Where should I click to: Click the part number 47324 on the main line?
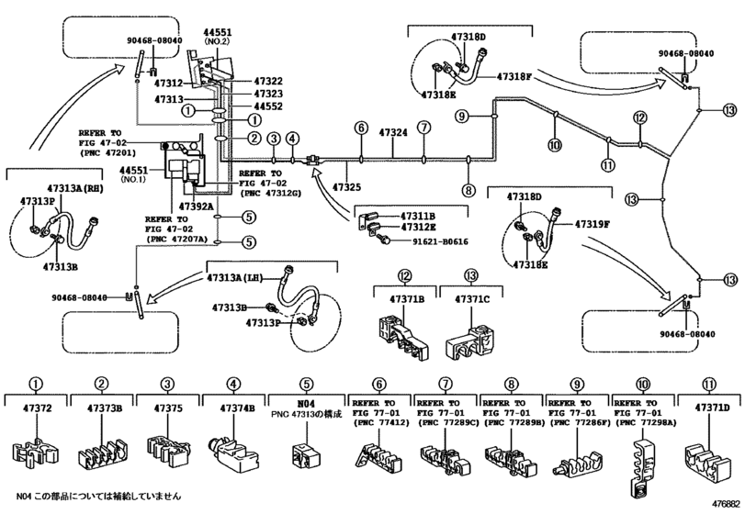coord(393,132)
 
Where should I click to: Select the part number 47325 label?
coord(347,187)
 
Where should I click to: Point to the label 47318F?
coord(514,76)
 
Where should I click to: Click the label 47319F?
coord(592,224)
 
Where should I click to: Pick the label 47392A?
coord(196,207)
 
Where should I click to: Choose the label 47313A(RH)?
coord(75,188)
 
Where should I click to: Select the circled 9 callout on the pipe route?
coord(462,116)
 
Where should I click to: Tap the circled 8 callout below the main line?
coord(468,190)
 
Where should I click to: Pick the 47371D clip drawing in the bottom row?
coord(707,461)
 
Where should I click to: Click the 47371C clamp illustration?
coord(470,341)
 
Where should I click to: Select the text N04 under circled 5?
coord(307,404)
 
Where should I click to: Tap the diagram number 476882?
coord(726,503)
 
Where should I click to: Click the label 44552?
coord(268,106)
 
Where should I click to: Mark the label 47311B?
coord(418,217)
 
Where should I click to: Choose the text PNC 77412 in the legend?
coord(381,423)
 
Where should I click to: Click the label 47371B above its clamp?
coord(407,299)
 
